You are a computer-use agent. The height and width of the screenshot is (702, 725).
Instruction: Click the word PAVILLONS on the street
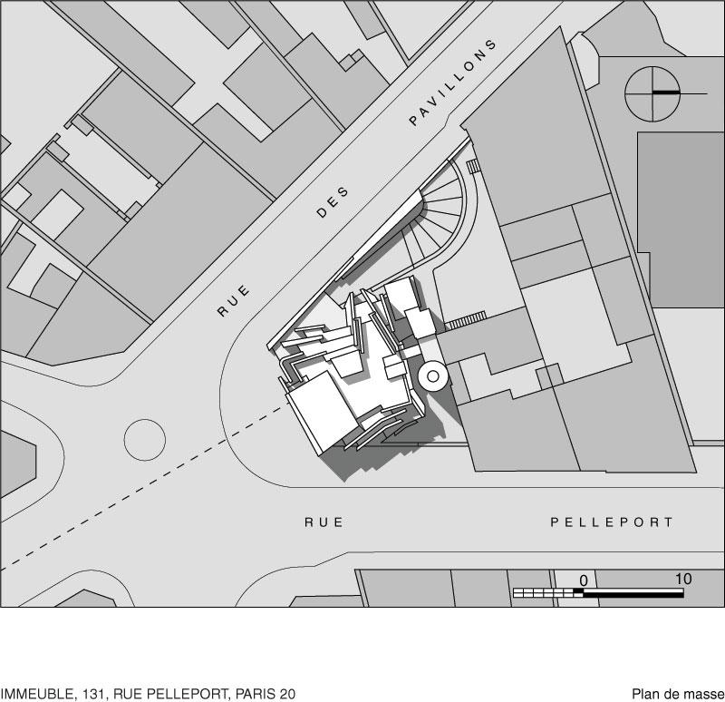pos(452,83)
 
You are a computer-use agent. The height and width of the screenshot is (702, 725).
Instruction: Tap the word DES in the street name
pos(333,201)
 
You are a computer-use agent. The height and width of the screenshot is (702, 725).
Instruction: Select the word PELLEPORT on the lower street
pos(611,522)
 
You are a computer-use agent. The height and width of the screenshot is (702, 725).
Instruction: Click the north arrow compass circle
pos(652,94)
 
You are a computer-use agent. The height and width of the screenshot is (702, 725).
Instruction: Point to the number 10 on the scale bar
pos(683,579)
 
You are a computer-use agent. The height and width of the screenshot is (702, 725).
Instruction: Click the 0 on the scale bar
pos(584,580)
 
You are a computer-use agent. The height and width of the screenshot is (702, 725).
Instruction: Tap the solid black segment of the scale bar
pos(633,594)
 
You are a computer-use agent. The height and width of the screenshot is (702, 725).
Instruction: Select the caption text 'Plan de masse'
pos(678,694)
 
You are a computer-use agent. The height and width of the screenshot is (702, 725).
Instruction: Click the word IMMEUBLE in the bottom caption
pos(36,694)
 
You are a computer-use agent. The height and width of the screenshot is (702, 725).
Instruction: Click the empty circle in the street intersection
pos(145,440)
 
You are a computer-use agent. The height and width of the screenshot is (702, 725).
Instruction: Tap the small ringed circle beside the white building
pos(433,376)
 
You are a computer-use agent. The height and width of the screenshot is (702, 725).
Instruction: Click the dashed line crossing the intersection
pos(143,487)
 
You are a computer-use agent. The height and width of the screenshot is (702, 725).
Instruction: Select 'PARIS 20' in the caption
pos(266,694)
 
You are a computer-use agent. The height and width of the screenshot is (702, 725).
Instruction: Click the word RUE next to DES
pos(234,301)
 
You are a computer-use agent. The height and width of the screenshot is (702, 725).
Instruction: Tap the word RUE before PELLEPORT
pos(324,522)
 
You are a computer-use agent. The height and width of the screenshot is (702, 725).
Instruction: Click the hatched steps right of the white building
pos(466,320)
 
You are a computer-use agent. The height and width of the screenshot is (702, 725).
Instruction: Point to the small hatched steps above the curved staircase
pos(472,166)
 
